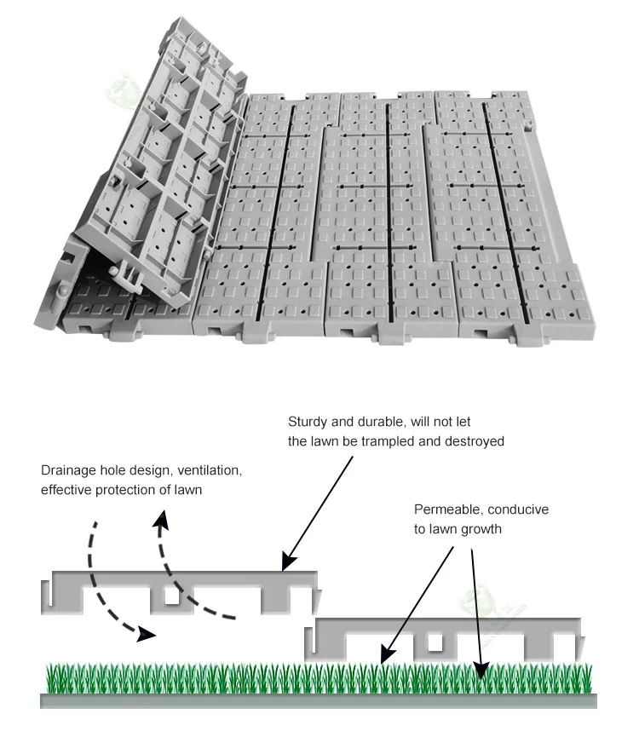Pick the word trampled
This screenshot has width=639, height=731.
click(x=410, y=441)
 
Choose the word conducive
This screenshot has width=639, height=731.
click(x=518, y=509)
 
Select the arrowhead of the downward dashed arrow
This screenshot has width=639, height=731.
click(x=146, y=634)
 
